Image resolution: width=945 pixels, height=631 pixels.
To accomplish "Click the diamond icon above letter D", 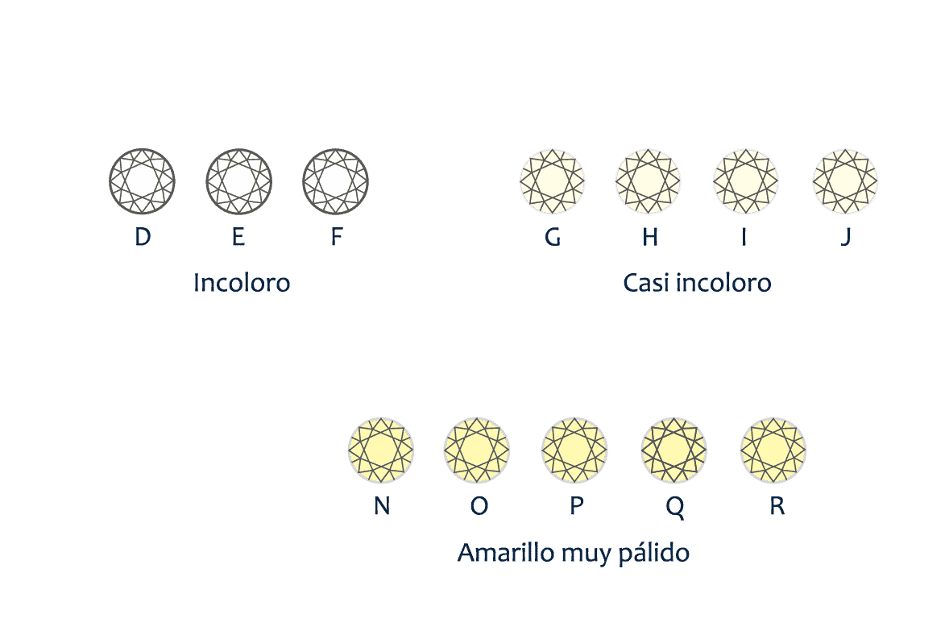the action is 143,181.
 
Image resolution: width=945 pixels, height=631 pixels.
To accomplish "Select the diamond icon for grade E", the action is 239,181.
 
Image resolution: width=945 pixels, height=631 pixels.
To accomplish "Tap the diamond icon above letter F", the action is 336,181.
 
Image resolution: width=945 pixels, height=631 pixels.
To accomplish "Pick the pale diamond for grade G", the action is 552,181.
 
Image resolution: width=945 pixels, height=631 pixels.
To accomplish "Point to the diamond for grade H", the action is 648,181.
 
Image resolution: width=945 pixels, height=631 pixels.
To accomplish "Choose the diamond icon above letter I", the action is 745,181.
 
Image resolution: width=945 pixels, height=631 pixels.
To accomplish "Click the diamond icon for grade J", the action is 845,181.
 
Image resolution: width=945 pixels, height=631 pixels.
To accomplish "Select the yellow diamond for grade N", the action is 381,450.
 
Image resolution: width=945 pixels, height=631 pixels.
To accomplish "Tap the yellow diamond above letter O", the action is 477,450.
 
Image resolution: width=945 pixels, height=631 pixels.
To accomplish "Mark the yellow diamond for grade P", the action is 574,450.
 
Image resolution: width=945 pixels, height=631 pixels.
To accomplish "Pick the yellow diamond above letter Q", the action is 674,450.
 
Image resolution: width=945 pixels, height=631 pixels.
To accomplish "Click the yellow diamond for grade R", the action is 773,450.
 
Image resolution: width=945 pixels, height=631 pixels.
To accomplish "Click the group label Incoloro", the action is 242,283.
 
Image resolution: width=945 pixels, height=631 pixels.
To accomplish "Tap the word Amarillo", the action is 506,553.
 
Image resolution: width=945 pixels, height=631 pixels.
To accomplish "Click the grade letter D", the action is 143,237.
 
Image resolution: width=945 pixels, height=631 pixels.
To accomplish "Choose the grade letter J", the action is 846,238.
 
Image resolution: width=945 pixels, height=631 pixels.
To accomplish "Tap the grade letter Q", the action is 675,507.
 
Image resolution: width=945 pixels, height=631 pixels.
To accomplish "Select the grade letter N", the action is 382,505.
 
